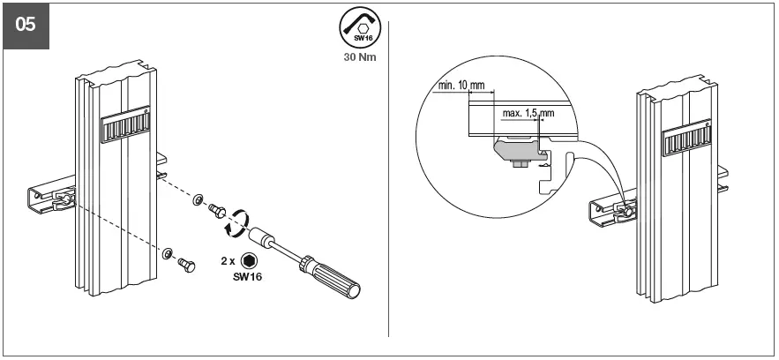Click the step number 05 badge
(x=26, y=26)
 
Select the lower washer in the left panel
(x=167, y=252)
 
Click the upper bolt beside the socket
(x=215, y=208)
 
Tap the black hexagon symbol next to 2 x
(x=250, y=260)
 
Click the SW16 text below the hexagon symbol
(x=249, y=277)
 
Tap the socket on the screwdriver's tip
(x=262, y=237)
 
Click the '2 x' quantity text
(x=228, y=260)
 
